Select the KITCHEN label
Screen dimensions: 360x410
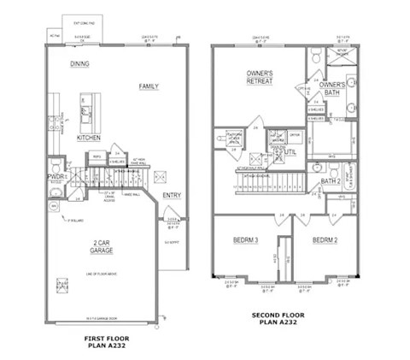[x=89, y=138]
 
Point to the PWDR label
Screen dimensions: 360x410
[x=56, y=174]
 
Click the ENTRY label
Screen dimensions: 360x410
[x=171, y=195]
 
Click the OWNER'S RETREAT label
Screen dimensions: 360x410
[x=260, y=78]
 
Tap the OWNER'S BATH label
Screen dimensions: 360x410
[x=332, y=88]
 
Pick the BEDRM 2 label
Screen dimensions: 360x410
[x=326, y=240]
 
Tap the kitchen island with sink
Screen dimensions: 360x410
[x=89, y=109]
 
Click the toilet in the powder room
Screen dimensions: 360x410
[x=54, y=204]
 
